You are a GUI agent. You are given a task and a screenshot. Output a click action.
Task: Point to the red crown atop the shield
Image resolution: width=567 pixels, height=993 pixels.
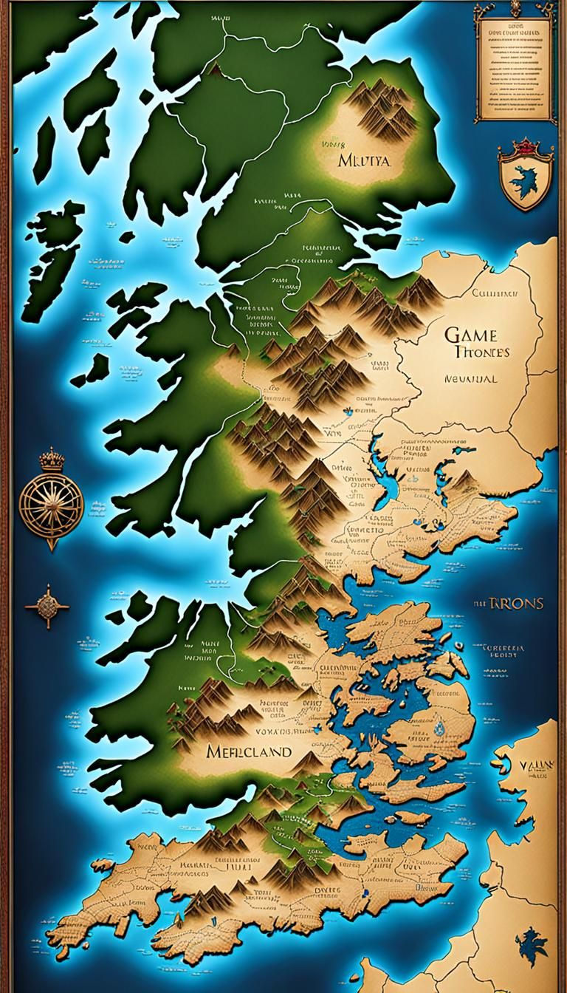(x=525, y=146)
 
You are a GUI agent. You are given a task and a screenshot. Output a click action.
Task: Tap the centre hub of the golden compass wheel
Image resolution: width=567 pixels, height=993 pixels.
(x=51, y=502)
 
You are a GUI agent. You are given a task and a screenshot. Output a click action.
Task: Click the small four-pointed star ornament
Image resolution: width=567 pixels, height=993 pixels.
(x=47, y=607)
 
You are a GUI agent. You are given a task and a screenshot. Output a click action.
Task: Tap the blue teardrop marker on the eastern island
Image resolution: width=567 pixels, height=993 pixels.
(x=441, y=728)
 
